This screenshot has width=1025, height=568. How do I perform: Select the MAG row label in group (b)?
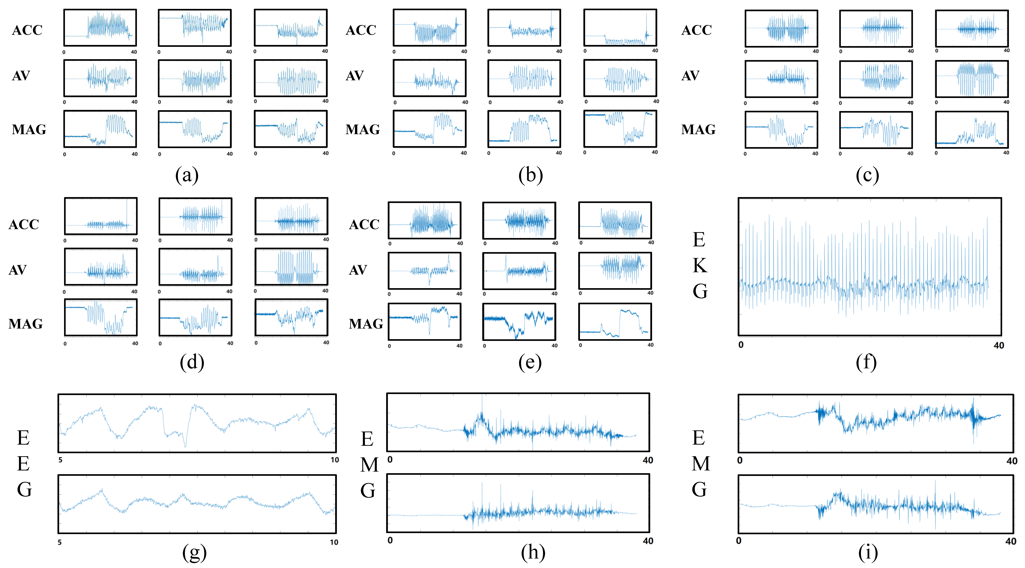pyautogui.click(x=362, y=129)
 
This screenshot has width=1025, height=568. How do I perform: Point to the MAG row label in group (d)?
pyautogui.click(x=25, y=324)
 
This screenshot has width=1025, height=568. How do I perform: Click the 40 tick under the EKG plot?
pyautogui.click(x=999, y=345)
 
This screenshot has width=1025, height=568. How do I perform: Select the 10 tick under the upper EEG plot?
pyautogui.click(x=335, y=460)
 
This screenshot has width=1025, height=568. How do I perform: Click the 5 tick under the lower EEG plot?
pyautogui.click(x=60, y=542)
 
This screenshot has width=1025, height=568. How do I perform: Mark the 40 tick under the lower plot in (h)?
pyautogui.click(x=648, y=541)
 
